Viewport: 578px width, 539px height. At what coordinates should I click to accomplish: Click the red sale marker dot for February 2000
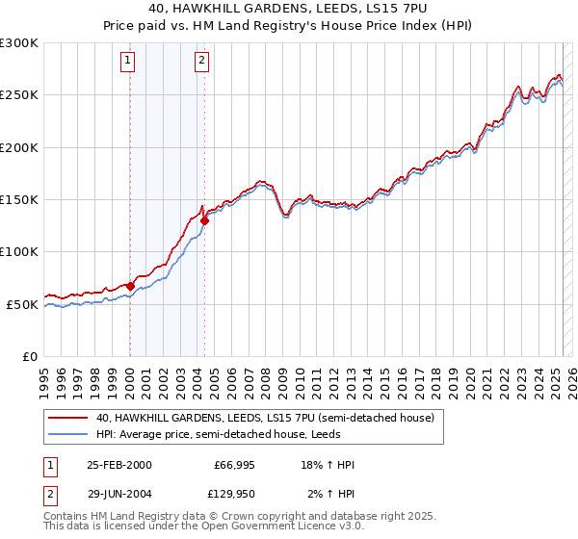pyautogui.click(x=130, y=286)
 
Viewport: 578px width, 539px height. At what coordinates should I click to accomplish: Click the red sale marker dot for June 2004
pyautogui.click(x=204, y=220)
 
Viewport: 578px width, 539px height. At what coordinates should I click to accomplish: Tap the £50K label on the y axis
pyautogui.click(x=22, y=304)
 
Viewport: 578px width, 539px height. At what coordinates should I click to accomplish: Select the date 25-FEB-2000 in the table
pyautogui.click(x=119, y=465)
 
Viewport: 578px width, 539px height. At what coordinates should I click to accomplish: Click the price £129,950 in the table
pyautogui.click(x=234, y=494)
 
